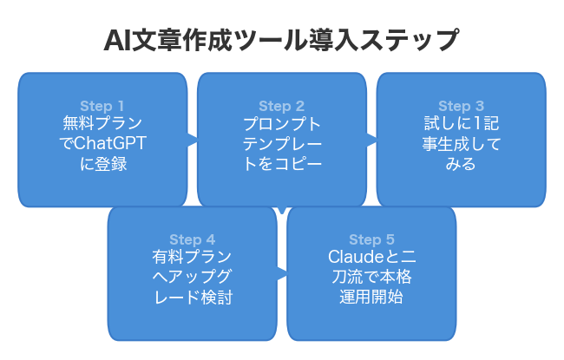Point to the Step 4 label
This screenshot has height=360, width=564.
click(192, 240)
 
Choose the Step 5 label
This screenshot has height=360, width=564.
click(371, 240)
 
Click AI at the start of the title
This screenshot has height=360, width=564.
click(117, 41)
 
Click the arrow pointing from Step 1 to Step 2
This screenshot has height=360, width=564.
click(192, 138)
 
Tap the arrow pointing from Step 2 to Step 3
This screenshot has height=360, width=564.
click(371, 138)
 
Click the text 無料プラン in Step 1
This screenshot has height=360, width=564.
click(102, 124)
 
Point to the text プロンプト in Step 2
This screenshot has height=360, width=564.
click(281, 124)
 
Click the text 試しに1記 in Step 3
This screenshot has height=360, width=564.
click(460, 124)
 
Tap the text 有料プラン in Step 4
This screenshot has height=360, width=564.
click(192, 258)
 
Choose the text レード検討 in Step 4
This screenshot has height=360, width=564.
click(192, 297)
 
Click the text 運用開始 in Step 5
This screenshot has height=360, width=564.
click(371, 297)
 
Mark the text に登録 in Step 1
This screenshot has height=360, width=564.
click(102, 163)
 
